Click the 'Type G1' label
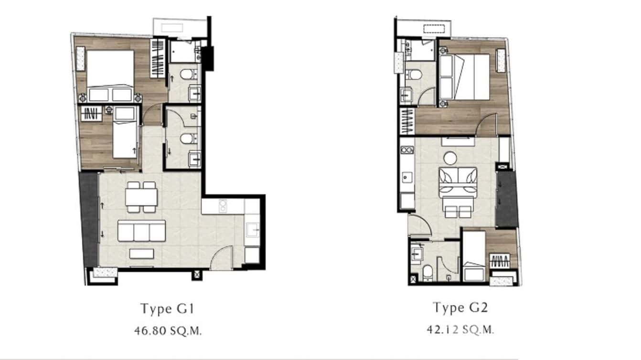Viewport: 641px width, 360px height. coord(167,308)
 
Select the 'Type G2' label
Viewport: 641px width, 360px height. coord(460,307)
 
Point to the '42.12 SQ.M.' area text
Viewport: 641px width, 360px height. coord(460,329)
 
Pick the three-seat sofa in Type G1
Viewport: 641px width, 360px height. coord(142,231)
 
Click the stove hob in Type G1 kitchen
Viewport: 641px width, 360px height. coord(223,206)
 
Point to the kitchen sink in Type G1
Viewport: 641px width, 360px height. coord(252,230)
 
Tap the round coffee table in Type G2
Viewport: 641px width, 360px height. coord(450,157)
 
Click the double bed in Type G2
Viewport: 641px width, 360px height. coord(465,76)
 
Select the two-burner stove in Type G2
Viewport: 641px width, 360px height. coord(407,150)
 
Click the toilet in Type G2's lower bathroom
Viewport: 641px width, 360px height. coord(428,272)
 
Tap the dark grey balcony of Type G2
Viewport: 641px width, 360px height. coord(507,199)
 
